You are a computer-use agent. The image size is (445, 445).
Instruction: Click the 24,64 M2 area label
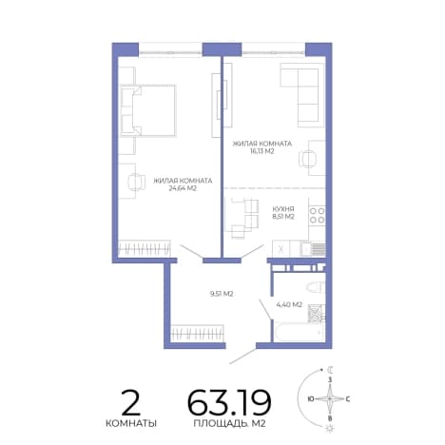click(183, 188)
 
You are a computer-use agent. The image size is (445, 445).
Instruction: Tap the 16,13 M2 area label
click(261, 151)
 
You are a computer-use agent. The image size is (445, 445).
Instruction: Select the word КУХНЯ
click(283, 209)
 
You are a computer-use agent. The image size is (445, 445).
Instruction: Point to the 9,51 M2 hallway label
click(222, 294)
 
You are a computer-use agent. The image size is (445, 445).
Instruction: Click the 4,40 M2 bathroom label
click(289, 304)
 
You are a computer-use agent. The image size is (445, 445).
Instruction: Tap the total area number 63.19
click(229, 402)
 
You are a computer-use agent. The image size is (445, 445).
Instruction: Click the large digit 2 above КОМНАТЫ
click(131, 402)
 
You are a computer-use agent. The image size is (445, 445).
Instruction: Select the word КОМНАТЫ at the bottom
click(131, 423)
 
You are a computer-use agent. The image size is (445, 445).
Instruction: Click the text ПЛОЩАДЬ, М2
click(229, 423)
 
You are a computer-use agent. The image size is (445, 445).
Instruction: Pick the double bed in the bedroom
click(148, 110)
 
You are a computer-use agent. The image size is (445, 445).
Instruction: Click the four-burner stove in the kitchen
click(317, 215)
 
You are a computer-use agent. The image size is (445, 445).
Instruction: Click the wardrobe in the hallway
click(197, 333)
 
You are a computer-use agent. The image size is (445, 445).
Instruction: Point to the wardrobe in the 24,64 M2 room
click(145, 248)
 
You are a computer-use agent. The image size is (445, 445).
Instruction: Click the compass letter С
click(348, 399)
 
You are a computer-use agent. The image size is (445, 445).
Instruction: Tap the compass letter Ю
click(311, 399)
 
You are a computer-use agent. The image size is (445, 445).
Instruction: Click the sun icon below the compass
click(330, 429)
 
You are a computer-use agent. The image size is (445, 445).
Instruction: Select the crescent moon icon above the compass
click(330, 369)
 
